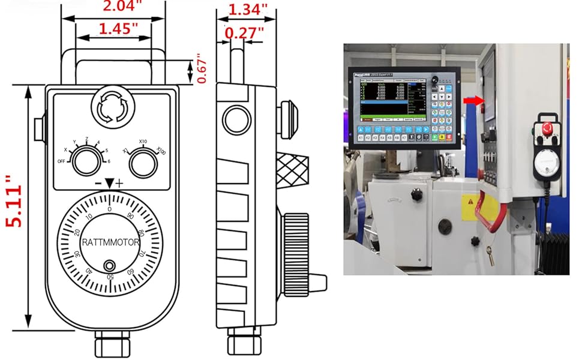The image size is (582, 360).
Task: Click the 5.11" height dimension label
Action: (x=13, y=201)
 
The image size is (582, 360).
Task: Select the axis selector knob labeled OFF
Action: (x=81, y=161)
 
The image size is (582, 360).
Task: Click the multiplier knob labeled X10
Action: (x=143, y=161)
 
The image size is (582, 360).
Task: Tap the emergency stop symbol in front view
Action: (x=109, y=109)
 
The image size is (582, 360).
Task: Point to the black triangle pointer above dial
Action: (x=109, y=184)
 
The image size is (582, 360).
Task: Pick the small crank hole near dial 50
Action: (x=109, y=266)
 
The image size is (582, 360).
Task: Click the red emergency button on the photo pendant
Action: (x=547, y=128)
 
